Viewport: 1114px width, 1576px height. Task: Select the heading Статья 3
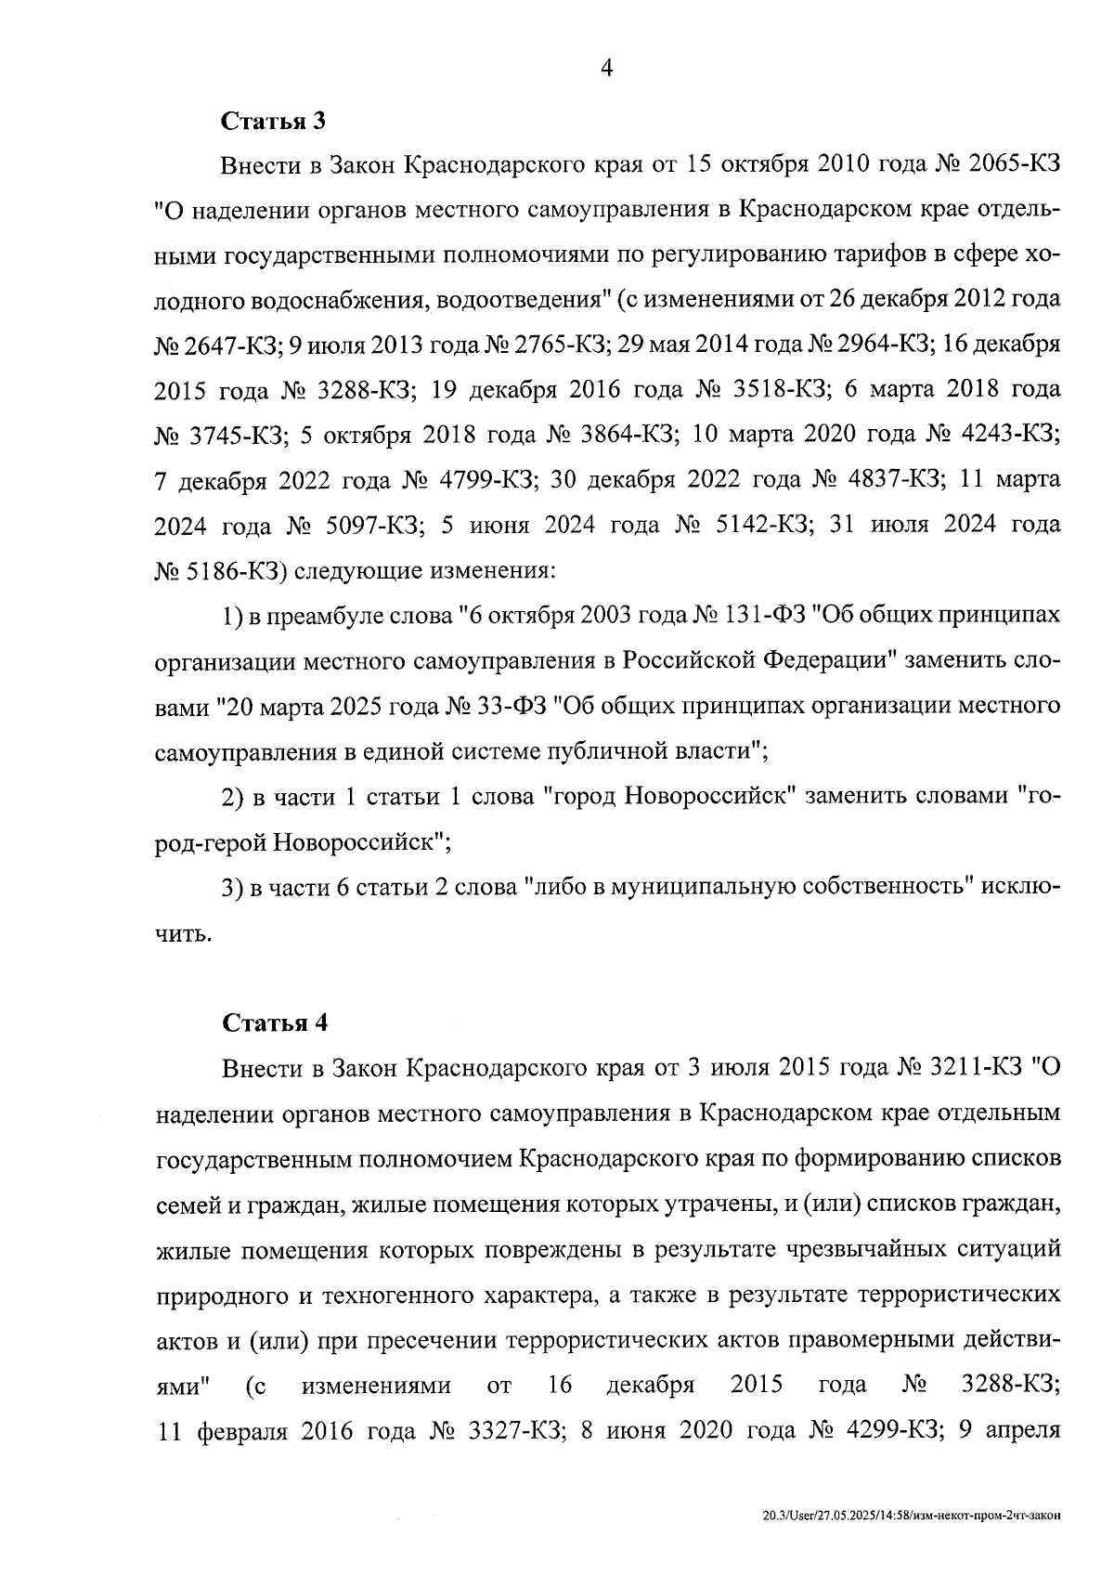pos(274,121)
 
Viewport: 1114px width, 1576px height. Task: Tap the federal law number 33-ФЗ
pos(512,705)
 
